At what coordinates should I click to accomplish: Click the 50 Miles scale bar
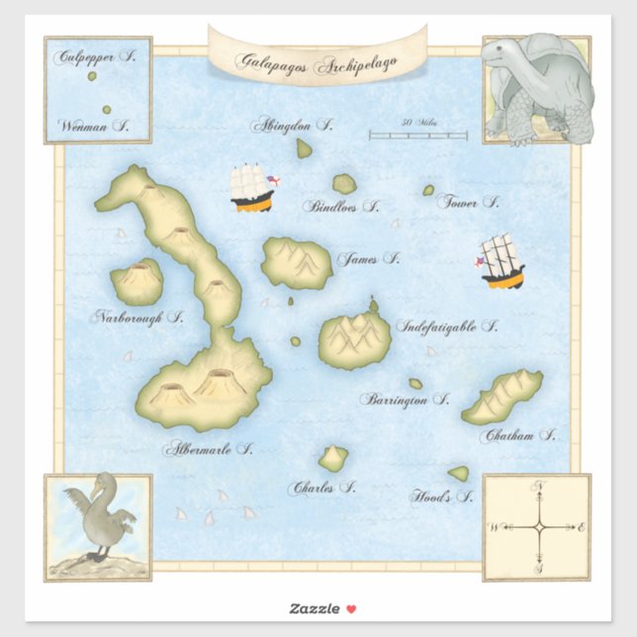point(417,135)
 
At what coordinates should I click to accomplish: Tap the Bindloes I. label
point(342,207)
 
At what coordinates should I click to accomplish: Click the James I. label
point(368,259)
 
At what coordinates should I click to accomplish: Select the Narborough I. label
point(138,317)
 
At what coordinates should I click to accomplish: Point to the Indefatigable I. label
point(447,325)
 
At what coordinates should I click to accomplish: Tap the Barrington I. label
point(405,400)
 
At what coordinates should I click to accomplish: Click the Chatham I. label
point(518,434)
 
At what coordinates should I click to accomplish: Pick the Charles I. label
point(321,487)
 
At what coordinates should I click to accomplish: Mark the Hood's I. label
point(442,497)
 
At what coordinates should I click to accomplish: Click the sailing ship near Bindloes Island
point(252,188)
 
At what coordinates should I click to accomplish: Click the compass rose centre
point(538,527)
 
